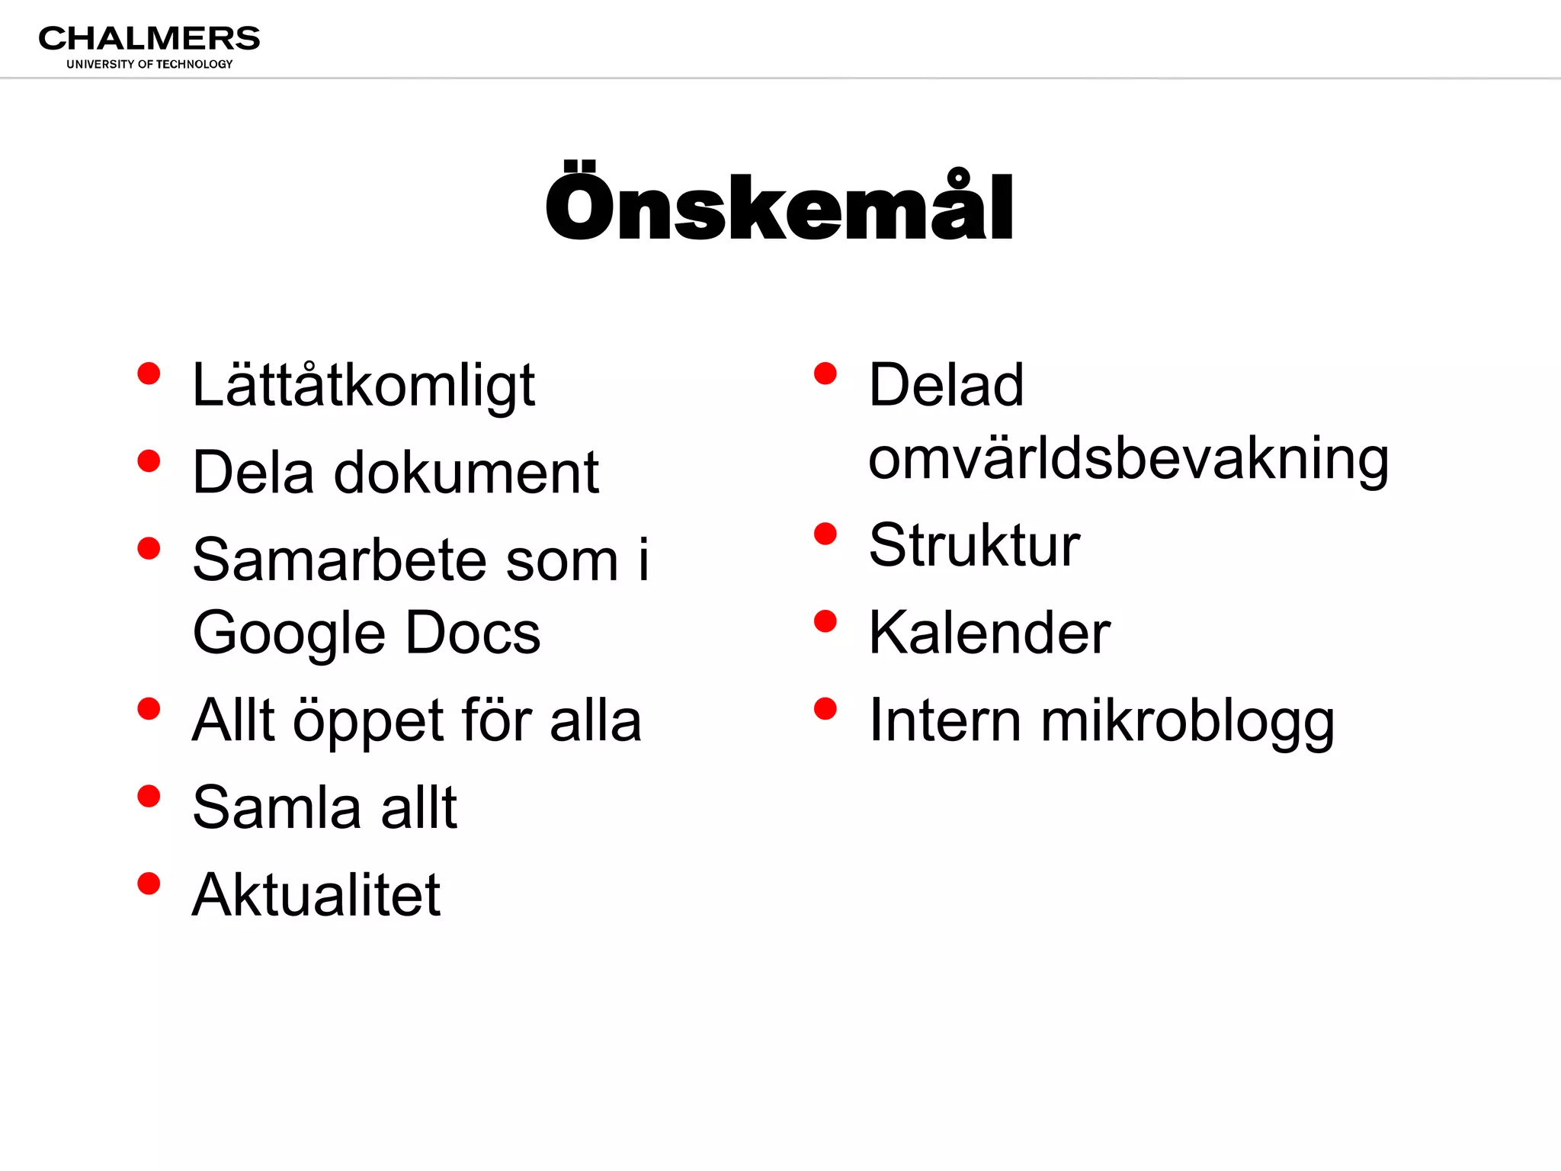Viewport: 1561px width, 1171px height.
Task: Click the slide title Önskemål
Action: (x=779, y=206)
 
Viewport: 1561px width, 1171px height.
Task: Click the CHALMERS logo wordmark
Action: (x=149, y=38)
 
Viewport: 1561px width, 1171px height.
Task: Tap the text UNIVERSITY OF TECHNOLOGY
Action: (x=149, y=64)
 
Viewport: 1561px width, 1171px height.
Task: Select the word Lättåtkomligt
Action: (x=364, y=386)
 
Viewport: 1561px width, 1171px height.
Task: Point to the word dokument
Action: (x=466, y=473)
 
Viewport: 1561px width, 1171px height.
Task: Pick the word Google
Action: (x=290, y=634)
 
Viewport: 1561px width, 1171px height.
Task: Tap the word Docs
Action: (x=473, y=634)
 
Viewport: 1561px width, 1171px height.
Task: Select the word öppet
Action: (x=368, y=721)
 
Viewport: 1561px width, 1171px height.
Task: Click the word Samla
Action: (x=277, y=807)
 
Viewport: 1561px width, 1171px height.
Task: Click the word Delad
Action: (x=946, y=386)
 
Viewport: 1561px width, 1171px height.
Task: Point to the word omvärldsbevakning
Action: (x=1128, y=459)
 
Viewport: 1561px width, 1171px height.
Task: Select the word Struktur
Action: (x=974, y=546)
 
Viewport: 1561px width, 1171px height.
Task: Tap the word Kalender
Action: (x=989, y=633)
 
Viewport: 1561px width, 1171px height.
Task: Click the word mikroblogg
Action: (x=1188, y=721)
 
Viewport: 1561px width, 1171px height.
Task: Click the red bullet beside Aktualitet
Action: (x=149, y=884)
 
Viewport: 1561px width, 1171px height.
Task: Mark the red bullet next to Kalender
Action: (x=825, y=622)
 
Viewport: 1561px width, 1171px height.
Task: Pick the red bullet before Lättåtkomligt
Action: (x=149, y=374)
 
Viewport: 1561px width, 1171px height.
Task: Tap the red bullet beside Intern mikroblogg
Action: (x=825, y=709)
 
